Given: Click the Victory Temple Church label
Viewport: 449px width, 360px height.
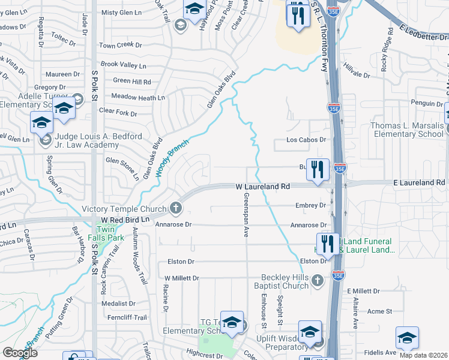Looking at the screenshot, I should tap(124, 209).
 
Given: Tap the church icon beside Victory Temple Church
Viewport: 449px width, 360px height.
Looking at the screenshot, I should tap(175, 208).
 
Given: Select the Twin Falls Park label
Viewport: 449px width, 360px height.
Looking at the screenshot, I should tap(110, 234).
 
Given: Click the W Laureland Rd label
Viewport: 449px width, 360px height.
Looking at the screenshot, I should tap(262, 187).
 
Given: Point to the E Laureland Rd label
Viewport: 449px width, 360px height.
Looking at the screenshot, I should tap(418, 182).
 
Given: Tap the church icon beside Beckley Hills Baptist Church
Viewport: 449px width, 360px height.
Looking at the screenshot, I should tap(318, 280).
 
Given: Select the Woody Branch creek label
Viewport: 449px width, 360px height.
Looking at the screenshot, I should tap(173, 158).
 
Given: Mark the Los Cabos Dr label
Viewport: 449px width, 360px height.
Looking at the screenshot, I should tap(306, 140).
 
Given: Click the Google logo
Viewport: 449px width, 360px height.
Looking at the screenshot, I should tap(20, 352).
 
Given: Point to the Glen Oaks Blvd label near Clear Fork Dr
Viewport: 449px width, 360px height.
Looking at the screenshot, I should tap(220, 91).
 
